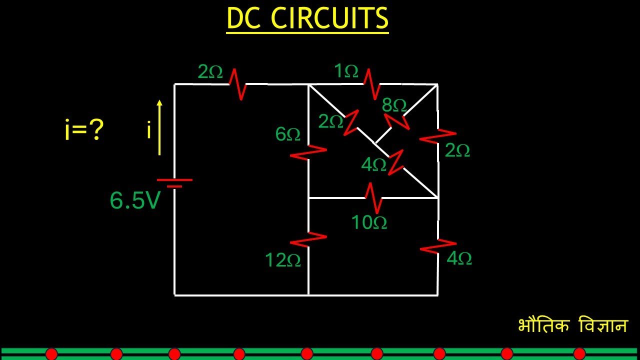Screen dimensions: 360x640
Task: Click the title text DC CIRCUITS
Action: (307, 19)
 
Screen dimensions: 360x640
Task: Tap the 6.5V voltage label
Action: (135, 201)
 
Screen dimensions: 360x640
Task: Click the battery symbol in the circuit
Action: (174, 183)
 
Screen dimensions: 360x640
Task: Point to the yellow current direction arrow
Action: (159, 127)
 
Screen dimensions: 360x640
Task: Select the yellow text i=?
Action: (84, 130)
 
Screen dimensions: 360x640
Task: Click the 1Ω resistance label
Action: (346, 71)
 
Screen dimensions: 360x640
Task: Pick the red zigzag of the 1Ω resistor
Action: (371, 84)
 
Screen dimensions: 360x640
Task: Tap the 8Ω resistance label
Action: (394, 105)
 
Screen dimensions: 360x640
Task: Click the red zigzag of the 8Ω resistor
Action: (396, 121)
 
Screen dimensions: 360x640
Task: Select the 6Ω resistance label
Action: (287, 134)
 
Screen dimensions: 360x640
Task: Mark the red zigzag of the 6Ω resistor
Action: (308, 152)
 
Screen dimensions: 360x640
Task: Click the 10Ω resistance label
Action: (369, 222)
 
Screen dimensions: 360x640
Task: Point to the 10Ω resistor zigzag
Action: (372, 197)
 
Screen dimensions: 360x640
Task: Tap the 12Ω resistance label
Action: (282, 260)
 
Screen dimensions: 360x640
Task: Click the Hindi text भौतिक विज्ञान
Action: (572, 325)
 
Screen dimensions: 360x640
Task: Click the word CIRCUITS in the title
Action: (329, 19)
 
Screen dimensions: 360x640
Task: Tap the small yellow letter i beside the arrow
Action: (149, 130)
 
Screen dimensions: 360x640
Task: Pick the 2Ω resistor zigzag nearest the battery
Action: (237, 84)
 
